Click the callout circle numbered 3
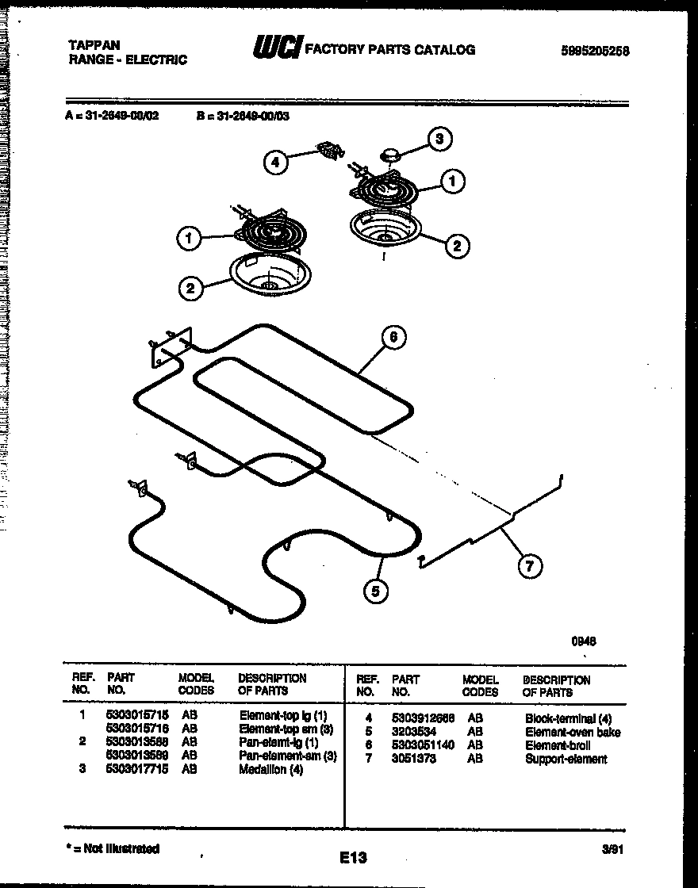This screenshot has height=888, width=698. pyautogui.click(x=440, y=139)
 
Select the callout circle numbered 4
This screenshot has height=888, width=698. pyautogui.click(x=274, y=163)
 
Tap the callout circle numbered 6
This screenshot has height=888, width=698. pyautogui.click(x=393, y=337)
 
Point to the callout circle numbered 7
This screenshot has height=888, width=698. pyautogui.click(x=530, y=566)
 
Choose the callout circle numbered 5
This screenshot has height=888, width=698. pyautogui.click(x=377, y=590)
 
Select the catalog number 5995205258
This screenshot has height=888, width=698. pyautogui.click(x=594, y=51)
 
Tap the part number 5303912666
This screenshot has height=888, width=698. pyautogui.click(x=423, y=718)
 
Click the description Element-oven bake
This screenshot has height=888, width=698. pyautogui.click(x=573, y=732)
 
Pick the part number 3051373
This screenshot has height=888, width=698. pyautogui.click(x=413, y=759)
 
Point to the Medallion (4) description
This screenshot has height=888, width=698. pyautogui.click(x=270, y=769)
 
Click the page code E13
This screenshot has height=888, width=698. pyautogui.click(x=353, y=857)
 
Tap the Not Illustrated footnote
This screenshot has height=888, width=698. pyautogui.click(x=113, y=848)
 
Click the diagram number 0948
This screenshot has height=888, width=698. pyautogui.click(x=584, y=642)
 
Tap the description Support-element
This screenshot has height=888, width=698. pyautogui.click(x=566, y=759)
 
